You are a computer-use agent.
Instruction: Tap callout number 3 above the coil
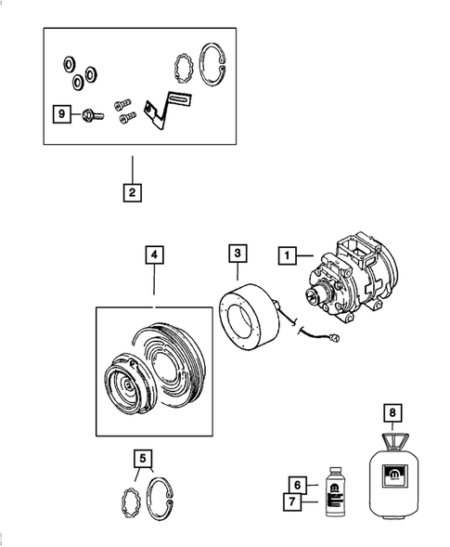click(x=238, y=254)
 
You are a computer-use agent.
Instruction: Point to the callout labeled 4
click(x=153, y=254)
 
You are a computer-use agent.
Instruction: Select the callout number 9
click(x=61, y=114)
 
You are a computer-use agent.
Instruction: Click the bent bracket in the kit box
click(x=166, y=115)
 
